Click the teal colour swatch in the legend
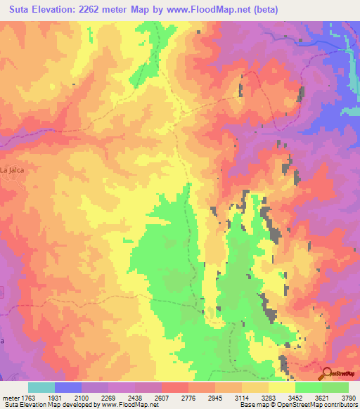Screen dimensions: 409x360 (41, 387)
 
